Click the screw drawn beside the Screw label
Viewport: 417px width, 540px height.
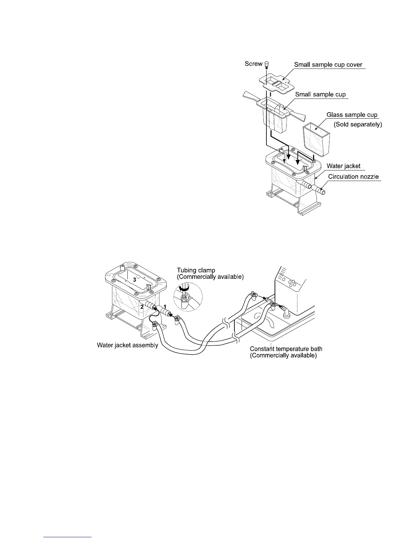[x=267, y=64]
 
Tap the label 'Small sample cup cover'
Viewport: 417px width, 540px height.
[x=328, y=65]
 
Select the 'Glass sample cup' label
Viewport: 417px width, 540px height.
[x=352, y=115]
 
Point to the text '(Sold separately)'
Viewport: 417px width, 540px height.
[x=358, y=124]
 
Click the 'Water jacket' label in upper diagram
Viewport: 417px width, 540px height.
[x=343, y=166]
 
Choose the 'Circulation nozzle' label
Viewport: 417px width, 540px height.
[x=353, y=177]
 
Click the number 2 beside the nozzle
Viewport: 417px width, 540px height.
[x=142, y=307]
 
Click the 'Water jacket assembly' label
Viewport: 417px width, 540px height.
[x=127, y=345]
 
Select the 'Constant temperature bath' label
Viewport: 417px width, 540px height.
[x=286, y=349]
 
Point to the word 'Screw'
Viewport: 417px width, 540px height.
[x=253, y=64]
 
